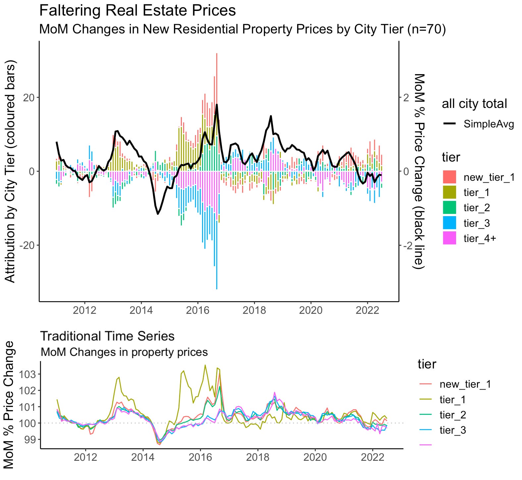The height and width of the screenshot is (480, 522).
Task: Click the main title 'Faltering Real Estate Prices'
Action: pos(137,10)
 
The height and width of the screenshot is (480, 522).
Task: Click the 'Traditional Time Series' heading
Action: pos(107,336)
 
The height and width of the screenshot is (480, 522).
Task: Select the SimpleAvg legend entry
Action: pos(489,124)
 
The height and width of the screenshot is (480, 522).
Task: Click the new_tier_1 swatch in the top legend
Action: pos(449,177)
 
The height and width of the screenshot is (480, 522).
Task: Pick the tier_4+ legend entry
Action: pos(480,238)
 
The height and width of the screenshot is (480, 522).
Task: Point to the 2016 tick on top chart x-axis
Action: pos(198,310)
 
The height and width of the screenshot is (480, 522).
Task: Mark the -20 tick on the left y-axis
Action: pos(28,245)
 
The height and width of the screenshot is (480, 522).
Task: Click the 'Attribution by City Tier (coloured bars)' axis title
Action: pos(11,171)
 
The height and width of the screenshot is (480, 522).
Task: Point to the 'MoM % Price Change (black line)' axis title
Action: pos(419,171)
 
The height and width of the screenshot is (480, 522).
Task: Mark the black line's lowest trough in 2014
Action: pos(158,214)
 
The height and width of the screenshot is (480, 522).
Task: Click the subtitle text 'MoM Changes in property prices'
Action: pos(124,352)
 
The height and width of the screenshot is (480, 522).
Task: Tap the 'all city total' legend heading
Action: pos(474,104)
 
